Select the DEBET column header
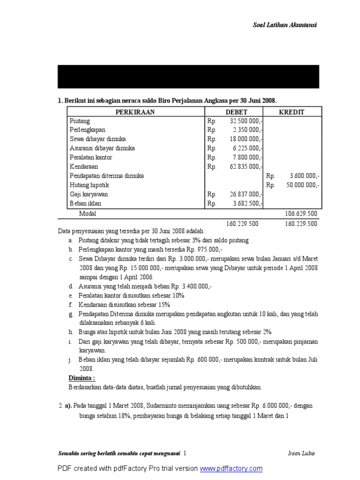(236, 112)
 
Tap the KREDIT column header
(292, 112)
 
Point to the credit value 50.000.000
(303, 185)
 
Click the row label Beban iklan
(85, 203)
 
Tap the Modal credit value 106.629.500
(301, 213)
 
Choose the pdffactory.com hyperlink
(231, 468)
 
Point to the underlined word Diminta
(82, 378)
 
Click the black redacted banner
(188, 76)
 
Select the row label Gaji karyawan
(89, 195)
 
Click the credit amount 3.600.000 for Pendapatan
(305, 176)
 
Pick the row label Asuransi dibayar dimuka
(102, 149)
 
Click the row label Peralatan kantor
(91, 157)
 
